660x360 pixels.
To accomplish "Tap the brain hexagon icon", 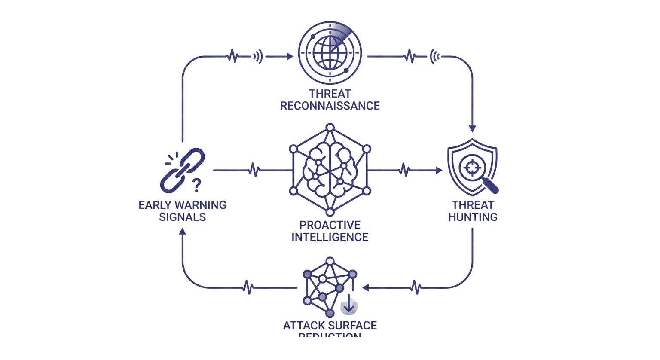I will [330, 170].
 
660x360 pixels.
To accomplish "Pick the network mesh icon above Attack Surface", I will [329, 286].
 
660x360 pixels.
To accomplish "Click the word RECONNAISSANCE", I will [330, 105].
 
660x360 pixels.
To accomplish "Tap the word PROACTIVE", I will [330, 225].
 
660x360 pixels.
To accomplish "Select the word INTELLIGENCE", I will [330, 236].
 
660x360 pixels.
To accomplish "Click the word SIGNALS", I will [182, 217].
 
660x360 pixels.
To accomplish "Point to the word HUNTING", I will [473, 217].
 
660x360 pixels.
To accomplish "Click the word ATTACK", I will [302, 325].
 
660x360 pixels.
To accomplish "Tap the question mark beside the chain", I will [197, 185].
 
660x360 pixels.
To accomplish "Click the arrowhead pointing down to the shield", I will [473, 128].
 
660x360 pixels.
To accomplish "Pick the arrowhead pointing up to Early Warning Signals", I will [182, 231].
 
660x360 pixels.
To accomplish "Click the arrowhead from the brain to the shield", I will [439, 171].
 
